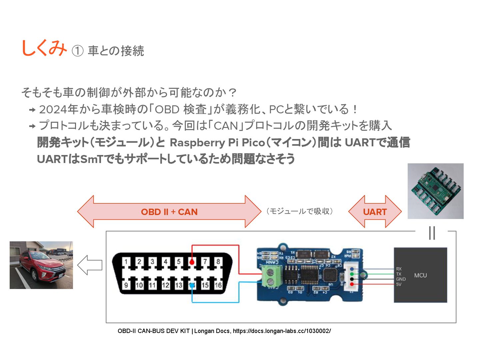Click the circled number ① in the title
click(x=77, y=51)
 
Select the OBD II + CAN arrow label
click(x=169, y=212)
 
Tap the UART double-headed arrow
click(x=375, y=212)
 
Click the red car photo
click(x=41, y=265)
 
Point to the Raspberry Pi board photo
click(x=435, y=191)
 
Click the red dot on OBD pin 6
click(x=192, y=262)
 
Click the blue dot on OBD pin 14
click(x=192, y=286)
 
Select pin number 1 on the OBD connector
click(x=126, y=262)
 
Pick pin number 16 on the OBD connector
click(x=218, y=285)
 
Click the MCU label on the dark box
click(x=420, y=275)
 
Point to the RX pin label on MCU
click(x=399, y=269)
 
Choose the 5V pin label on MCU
click(x=399, y=284)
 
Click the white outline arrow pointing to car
click(x=90, y=265)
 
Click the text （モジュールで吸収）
click(x=299, y=211)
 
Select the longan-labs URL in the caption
click(x=282, y=331)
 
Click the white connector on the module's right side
click(x=351, y=276)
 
